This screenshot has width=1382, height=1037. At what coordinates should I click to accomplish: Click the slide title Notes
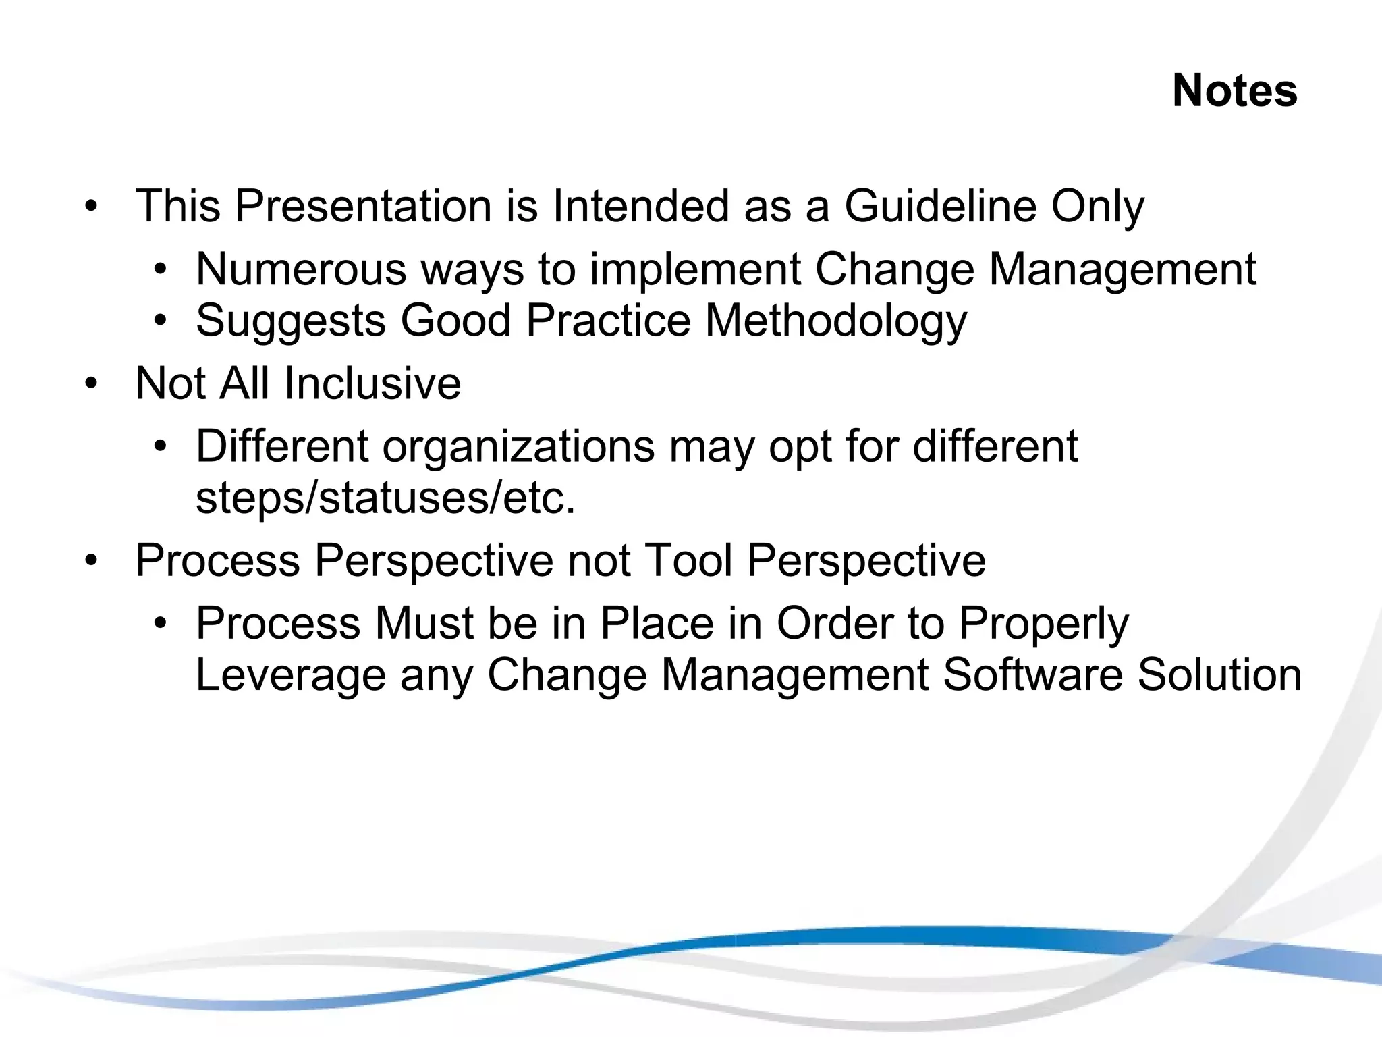(1234, 90)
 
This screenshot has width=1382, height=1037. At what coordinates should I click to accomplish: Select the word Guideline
(940, 206)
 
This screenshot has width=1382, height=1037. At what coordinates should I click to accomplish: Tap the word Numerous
(301, 269)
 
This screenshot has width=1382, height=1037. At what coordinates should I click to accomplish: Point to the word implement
(694, 269)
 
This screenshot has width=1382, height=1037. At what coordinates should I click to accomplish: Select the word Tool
(688, 560)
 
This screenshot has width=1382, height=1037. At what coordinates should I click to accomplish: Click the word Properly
(1043, 624)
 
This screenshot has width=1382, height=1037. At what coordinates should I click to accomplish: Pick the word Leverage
(290, 676)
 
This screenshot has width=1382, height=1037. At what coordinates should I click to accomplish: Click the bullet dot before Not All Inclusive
(92, 383)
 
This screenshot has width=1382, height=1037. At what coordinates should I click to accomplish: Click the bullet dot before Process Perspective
(92, 560)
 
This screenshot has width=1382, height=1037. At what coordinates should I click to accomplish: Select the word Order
(834, 623)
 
